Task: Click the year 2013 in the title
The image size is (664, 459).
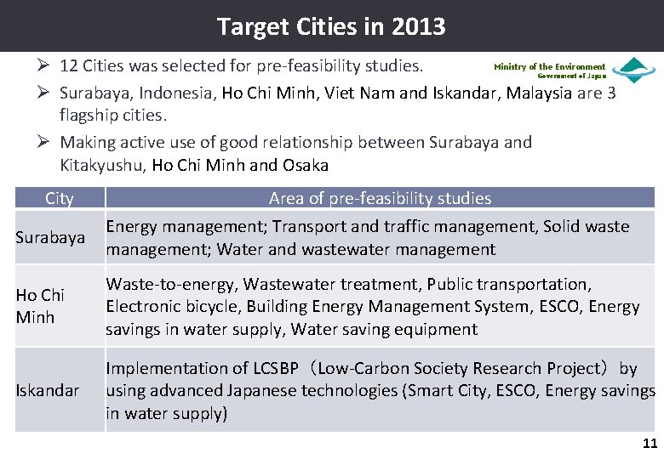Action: coord(419,27)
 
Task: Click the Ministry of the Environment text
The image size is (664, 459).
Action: coord(549,66)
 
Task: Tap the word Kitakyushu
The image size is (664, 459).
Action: coord(102,164)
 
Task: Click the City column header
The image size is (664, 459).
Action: coord(59,199)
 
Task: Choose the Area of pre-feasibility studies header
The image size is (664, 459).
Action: coord(380,199)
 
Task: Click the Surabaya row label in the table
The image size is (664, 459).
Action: coord(50,238)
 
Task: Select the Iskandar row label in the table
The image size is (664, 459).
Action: coord(48,391)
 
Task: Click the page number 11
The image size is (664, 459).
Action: coord(650,443)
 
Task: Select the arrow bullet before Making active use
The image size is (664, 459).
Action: coord(46,142)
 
